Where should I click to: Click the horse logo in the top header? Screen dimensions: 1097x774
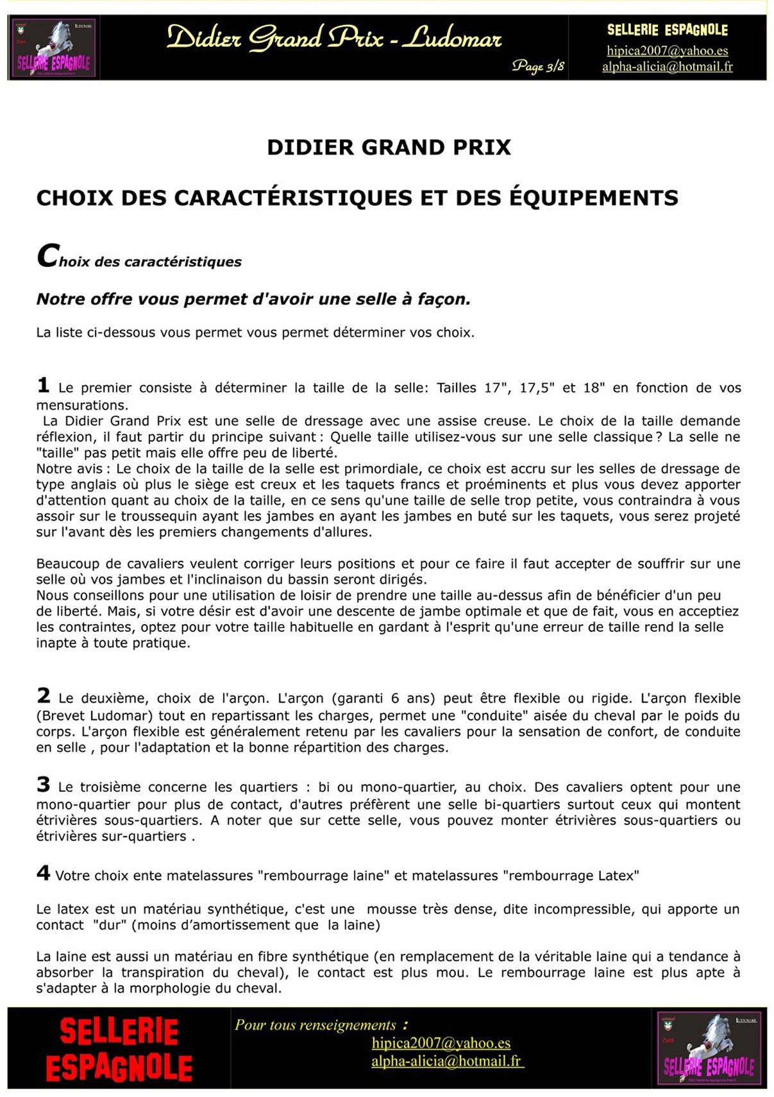click(x=54, y=48)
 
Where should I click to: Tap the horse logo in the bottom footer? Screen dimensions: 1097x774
click(x=709, y=1048)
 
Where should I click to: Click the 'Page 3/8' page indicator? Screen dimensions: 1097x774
click(x=538, y=66)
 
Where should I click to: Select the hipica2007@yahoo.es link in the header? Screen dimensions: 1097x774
click(x=667, y=51)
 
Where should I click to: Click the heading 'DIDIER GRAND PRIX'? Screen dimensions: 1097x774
click(x=389, y=148)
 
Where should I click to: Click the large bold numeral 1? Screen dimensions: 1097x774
click(x=43, y=385)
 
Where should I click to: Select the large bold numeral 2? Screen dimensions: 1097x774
click(x=43, y=695)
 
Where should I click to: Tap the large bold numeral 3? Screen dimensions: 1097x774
click(x=43, y=784)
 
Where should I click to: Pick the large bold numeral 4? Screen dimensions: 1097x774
click(x=43, y=872)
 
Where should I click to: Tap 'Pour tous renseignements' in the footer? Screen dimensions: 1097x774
click(x=315, y=1025)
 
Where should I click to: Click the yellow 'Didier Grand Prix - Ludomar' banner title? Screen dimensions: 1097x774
click(x=334, y=38)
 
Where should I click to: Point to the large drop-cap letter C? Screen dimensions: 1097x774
click(x=48, y=256)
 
